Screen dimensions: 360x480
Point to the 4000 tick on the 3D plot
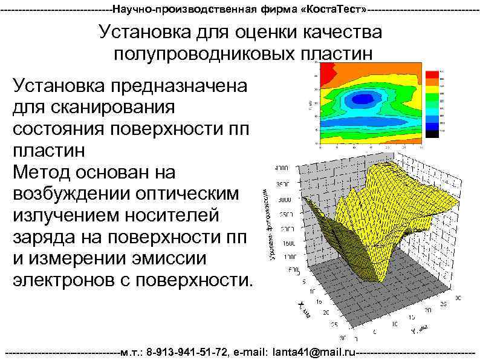coord(282,167)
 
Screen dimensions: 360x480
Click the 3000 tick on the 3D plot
coord(283,198)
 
